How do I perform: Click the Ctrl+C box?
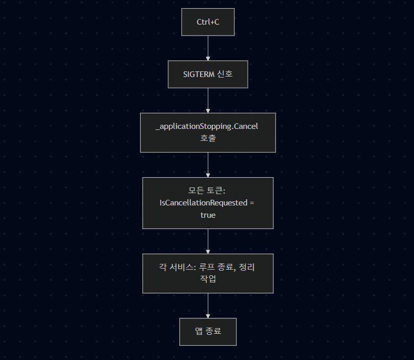tap(208, 22)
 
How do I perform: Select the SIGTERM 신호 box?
tap(208, 74)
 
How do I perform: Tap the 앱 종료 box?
tap(208, 332)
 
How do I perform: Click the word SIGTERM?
tap(199, 74)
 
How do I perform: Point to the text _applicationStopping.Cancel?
tap(207, 127)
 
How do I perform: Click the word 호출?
tap(208, 139)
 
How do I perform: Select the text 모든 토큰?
tap(208, 191)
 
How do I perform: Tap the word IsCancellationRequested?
tap(204, 203)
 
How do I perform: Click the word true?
tap(208, 215)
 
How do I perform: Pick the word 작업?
tap(208, 279)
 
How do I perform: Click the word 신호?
tap(225, 74)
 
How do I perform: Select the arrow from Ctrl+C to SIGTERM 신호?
tap(208, 48)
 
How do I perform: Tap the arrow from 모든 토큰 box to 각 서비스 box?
tap(208, 241)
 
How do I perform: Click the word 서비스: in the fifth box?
tap(182, 267)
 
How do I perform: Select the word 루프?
tap(207, 267)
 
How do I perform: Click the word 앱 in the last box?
tap(199, 332)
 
